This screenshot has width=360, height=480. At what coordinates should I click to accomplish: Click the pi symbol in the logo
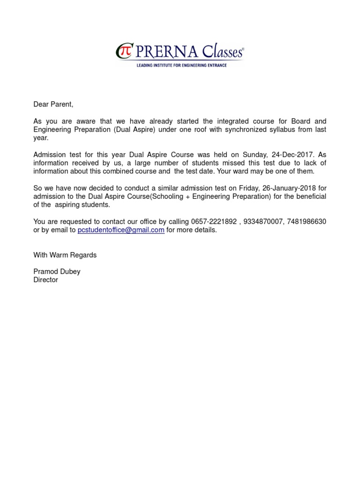pyautogui.click(x=123, y=51)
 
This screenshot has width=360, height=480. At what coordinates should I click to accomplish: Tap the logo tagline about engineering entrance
pyautogui.click(x=181, y=66)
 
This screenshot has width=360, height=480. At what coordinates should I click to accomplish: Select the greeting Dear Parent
pyautogui.click(x=53, y=104)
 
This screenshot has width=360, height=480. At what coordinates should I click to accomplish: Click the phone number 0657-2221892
pyautogui.click(x=213, y=222)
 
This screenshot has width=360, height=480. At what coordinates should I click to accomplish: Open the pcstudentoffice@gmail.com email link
pyautogui.click(x=120, y=230)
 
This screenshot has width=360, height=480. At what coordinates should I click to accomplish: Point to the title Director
pyautogui.click(x=45, y=280)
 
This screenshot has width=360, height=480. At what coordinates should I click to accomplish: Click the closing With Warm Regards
pyautogui.click(x=65, y=255)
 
